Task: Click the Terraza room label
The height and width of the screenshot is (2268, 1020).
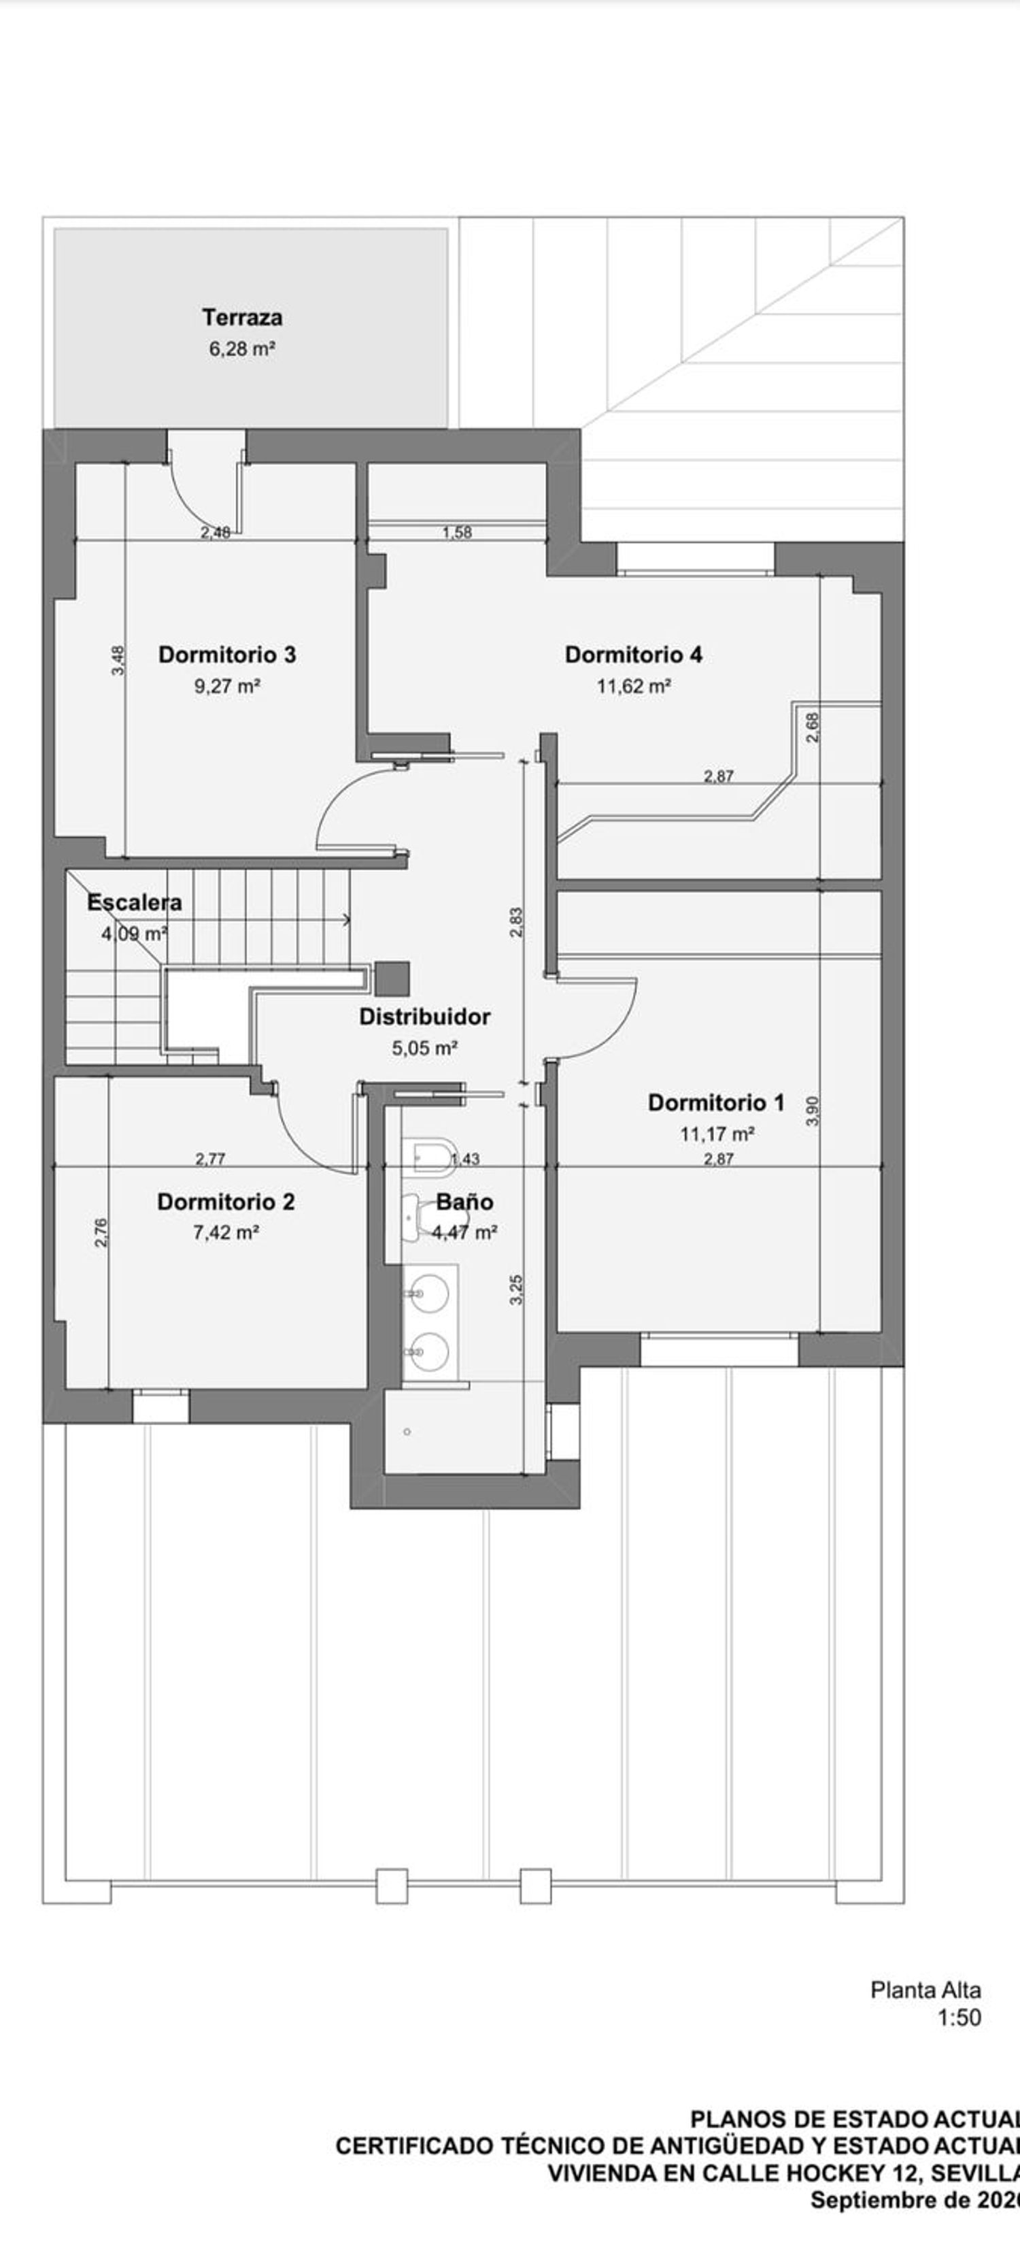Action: tap(242, 317)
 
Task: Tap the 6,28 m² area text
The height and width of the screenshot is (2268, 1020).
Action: tap(242, 348)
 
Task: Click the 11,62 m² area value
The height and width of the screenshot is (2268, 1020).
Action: tap(634, 686)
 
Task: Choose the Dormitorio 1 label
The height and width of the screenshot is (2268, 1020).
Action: tap(715, 1102)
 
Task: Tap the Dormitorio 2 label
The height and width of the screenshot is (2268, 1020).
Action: tap(226, 1202)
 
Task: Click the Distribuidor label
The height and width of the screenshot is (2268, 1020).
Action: tap(425, 1017)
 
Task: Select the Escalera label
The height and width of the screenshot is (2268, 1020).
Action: tap(135, 902)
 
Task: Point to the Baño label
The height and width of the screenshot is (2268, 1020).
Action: tap(464, 1202)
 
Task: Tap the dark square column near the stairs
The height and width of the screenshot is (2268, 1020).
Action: tap(392, 978)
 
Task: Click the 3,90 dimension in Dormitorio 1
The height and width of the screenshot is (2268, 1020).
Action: tap(813, 1111)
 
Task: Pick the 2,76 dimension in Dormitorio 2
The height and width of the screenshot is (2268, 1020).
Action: tap(101, 1232)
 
